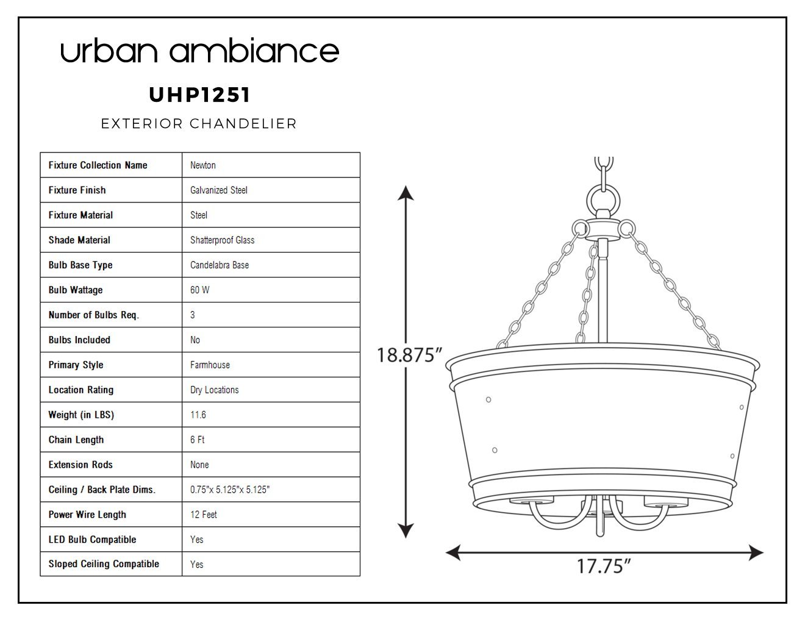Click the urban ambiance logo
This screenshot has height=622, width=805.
(x=199, y=50)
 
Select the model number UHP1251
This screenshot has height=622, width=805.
(x=199, y=95)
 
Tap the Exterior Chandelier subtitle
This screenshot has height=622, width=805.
(x=199, y=124)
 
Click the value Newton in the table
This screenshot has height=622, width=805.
(x=202, y=165)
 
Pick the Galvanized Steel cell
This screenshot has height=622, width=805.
(x=218, y=190)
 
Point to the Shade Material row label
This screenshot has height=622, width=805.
(x=79, y=240)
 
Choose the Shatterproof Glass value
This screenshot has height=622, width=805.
(x=222, y=240)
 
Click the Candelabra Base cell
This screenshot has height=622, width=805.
(x=220, y=265)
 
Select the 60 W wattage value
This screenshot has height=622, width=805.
(x=199, y=290)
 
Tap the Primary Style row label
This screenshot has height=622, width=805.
(x=76, y=365)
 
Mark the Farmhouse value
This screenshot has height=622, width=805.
(x=210, y=365)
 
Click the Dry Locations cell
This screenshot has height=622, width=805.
(x=214, y=390)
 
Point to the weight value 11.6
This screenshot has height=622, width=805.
(x=198, y=415)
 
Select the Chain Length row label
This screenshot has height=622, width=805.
(x=76, y=440)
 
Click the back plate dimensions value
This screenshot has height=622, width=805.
(x=230, y=490)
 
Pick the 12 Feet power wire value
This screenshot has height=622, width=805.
(x=203, y=515)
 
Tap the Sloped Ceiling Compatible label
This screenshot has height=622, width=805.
(x=104, y=564)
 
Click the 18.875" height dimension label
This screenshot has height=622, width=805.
(x=409, y=355)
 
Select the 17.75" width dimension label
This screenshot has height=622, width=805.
(x=604, y=566)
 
